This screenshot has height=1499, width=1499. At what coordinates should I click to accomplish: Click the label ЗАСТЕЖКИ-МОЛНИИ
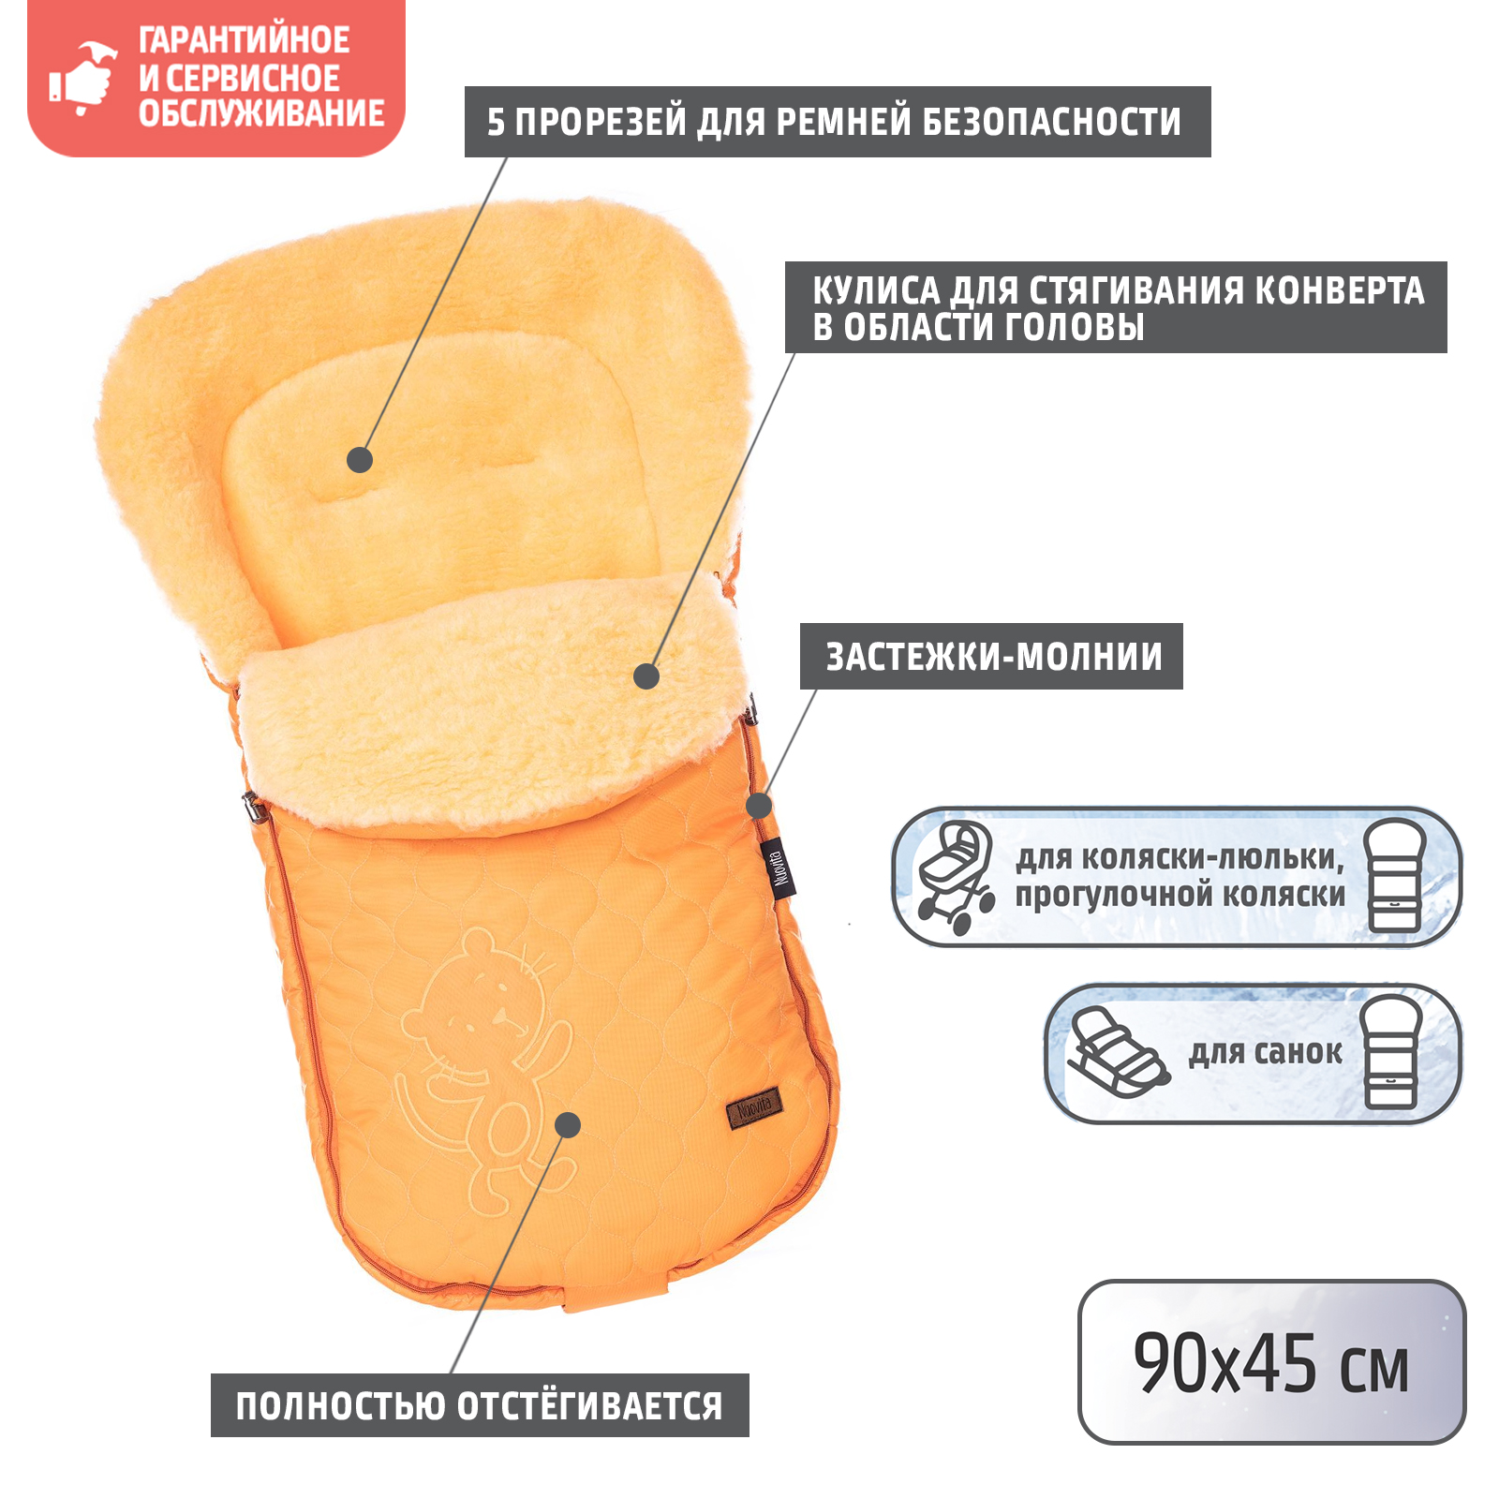click(993, 657)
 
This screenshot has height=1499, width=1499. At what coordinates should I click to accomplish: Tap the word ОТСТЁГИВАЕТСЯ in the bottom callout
click(589, 1406)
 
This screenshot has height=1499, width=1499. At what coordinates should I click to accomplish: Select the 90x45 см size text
click(1270, 1364)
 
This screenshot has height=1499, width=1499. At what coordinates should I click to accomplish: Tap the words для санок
click(1265, 1052)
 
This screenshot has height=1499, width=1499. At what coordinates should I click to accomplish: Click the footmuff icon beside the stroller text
click(1395, 876)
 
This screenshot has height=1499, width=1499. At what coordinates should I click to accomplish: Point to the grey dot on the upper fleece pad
click(360, 460)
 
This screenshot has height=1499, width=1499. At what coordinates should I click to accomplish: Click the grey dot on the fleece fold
click(646, 675)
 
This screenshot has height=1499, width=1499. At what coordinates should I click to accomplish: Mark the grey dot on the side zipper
click(759, 805)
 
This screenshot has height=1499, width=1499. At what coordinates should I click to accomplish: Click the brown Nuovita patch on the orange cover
click(755, 1109)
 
